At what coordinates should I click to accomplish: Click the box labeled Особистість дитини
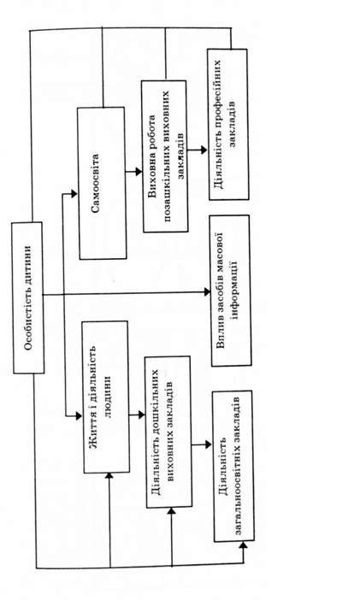[x=28, y=297]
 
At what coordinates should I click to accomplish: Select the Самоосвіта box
[x=102, y=183]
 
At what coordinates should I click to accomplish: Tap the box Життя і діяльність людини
[x=106, y=397]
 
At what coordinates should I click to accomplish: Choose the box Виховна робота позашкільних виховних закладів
[x=165, y=156]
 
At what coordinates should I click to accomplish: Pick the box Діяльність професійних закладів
[x=228, y=125]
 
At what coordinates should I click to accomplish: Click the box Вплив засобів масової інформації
[x=231, y=291]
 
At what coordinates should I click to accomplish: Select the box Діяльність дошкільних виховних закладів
[x=168, y=432]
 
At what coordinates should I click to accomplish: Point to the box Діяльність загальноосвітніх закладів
[x=233, y=466]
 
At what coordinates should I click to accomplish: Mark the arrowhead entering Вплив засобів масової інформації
[x=207, y=292]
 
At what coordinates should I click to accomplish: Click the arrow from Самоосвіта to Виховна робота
[x=133, y=172]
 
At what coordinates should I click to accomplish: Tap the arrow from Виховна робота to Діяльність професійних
[x=198, y=150]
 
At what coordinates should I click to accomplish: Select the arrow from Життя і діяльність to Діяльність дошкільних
[x=137, y=415]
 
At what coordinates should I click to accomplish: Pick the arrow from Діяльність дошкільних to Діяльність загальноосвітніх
[x=202, y=444]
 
